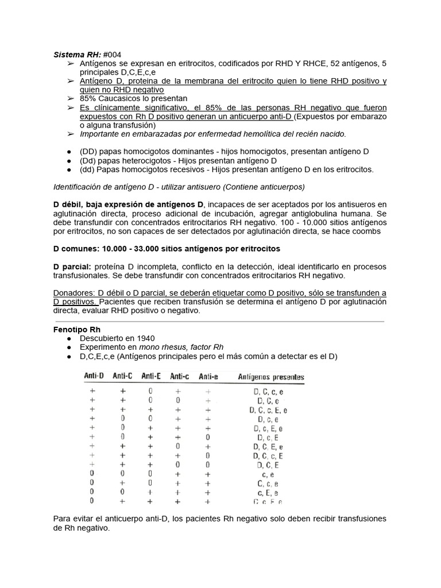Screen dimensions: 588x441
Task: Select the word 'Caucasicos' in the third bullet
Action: pos(124,98)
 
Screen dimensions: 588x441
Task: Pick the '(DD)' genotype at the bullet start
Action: pos(90,151)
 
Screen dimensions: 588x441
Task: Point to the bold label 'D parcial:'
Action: pos(72,266)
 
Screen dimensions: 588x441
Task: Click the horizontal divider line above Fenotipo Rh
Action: pos(219,322)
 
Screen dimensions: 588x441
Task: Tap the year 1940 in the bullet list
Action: pos(144,339)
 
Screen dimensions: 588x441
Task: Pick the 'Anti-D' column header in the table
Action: pos(94,377)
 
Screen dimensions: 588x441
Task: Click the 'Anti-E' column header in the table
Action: pos(151,377)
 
